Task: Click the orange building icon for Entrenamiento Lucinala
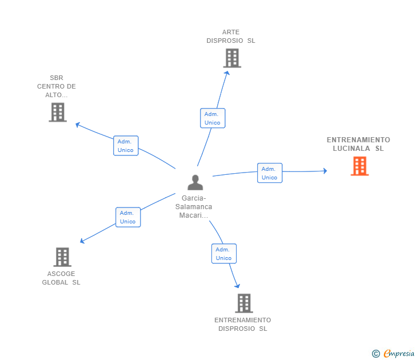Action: (x=359, y=166)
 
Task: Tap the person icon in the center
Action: (x=195, y=183)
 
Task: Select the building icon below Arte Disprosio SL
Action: (x=232, y=58)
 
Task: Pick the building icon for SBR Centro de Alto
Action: (x=58, y=112)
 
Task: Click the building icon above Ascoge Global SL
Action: (x=62, y=257)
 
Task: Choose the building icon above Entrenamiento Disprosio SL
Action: (x=244, y=303)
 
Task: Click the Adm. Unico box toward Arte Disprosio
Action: (x=213, y=118)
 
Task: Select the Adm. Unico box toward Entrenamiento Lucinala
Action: (x=269, y=173)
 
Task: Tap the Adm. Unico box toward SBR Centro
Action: (x=126, y=146)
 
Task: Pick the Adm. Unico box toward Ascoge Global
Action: (x=128, y=217)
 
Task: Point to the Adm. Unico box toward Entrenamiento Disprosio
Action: (x=223, y=254)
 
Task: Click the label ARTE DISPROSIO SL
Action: (x=231, y=37)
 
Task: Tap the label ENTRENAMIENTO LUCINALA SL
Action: (x=358, y=144)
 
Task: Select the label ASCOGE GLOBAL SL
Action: (x=61, y=278)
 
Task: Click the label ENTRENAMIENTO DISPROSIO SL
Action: (x=243, y=325)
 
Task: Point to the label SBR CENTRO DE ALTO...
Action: (x=57, y=86)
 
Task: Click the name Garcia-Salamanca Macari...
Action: (x=194, y=206)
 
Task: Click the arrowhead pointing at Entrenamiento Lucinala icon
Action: (x=325, y=170)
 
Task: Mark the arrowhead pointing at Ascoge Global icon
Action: (x=82, y=241)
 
